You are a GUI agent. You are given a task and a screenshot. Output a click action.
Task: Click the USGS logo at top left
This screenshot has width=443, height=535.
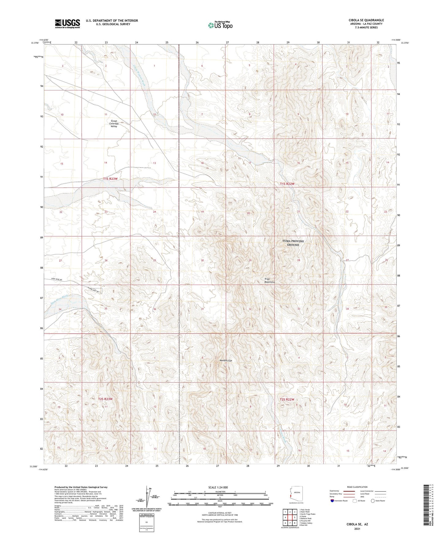click(x=67, y=24)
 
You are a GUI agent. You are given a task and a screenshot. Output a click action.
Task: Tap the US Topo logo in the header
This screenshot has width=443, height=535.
click(x=220, y=25)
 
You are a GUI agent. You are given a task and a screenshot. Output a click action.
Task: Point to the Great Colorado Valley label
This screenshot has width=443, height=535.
click(x=114, y=123)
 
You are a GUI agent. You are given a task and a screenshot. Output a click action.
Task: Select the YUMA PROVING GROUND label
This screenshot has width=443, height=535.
click(x=293, y=243)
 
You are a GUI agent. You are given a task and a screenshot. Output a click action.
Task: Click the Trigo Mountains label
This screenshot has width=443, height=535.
click(x=269, y=280)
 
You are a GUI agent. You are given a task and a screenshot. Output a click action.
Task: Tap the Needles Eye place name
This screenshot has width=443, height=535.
click(x=226, y=361)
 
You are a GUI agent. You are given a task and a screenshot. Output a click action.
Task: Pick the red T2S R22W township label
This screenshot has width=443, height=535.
click(x=287, y=399)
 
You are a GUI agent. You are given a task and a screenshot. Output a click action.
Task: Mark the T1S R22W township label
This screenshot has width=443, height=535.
click(x=287, y=184)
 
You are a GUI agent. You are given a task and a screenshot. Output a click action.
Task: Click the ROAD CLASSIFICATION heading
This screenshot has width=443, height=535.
click(x=357, y=487)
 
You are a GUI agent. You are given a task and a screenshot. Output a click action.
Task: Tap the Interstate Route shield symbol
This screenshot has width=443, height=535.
click(x=333, y=501)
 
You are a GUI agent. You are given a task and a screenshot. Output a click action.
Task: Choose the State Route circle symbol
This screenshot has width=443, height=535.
click(x=373, y=501)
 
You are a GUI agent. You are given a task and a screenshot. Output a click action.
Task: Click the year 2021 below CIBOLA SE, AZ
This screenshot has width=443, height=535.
click(x=357, y=529)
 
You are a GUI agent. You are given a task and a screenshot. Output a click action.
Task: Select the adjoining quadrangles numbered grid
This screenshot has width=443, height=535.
click(x=290, y=518)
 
